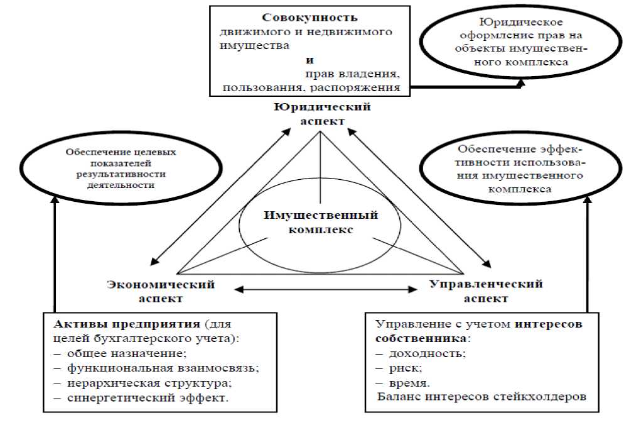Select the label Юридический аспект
click(321, 113)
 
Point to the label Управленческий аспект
click(486, 291)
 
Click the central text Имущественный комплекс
click(321, 222)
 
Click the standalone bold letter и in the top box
click(309, 61)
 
